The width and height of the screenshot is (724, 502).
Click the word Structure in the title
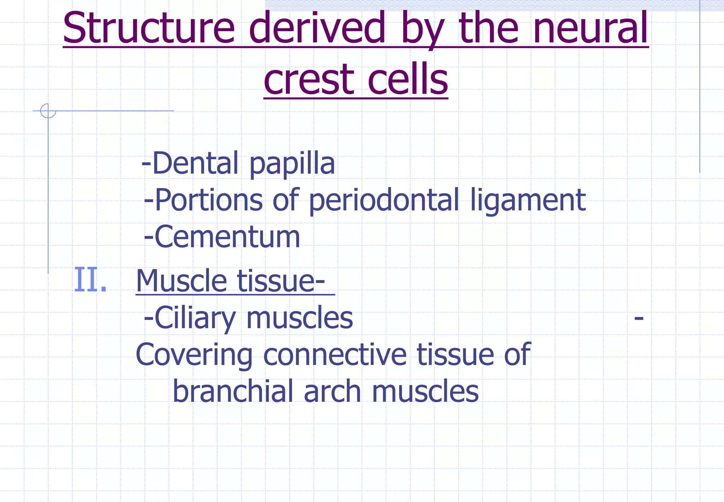click(148, 28)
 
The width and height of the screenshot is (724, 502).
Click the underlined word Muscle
click(181, 281)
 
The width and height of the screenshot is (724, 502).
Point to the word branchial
click(233, 392)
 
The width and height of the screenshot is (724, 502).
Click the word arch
click(332, 392)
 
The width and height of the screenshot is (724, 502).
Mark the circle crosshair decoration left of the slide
click(48, 111)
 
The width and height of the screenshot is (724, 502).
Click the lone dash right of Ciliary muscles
click(638, 318)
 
